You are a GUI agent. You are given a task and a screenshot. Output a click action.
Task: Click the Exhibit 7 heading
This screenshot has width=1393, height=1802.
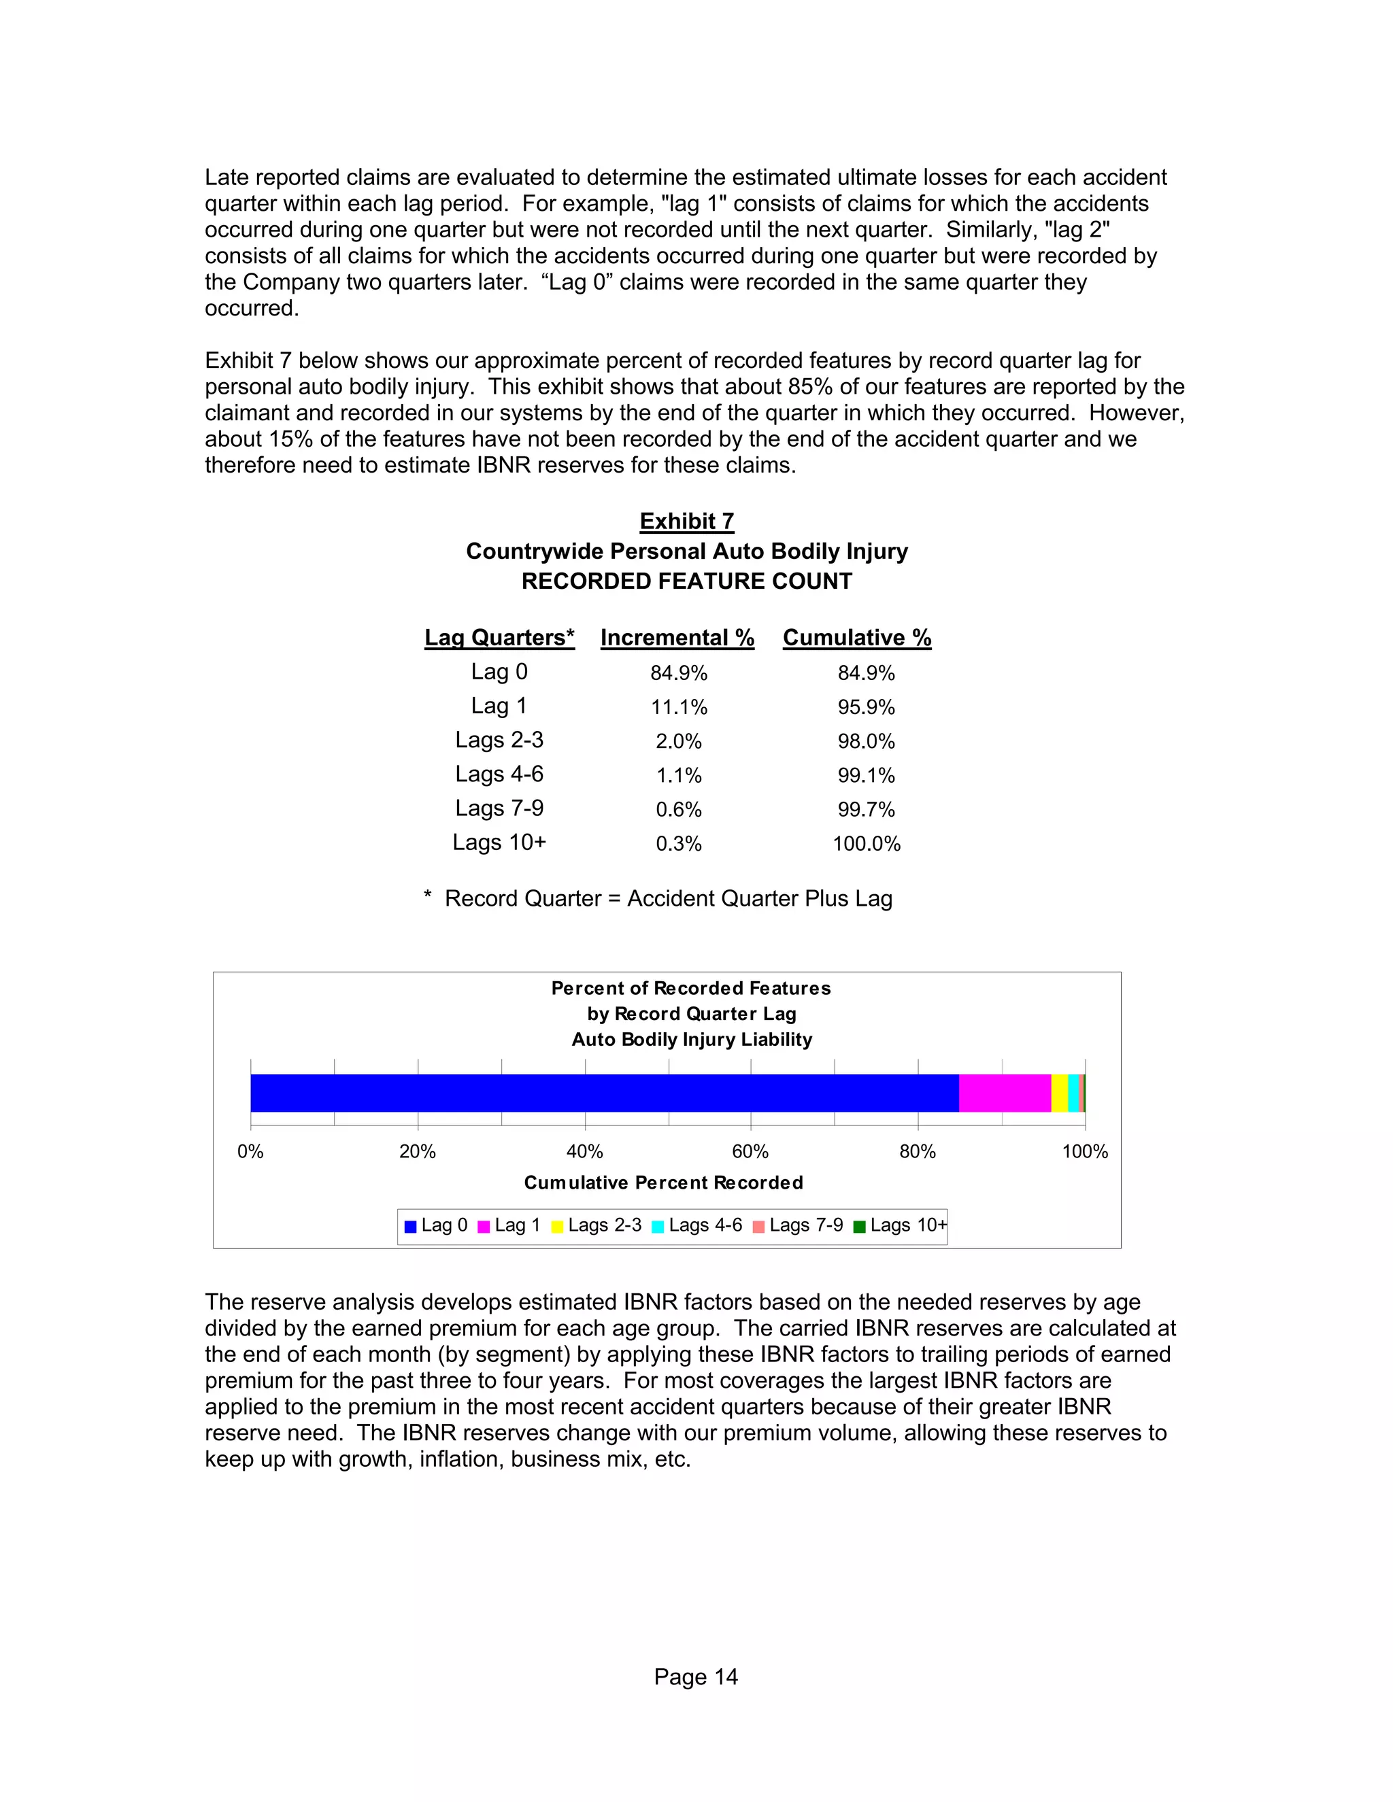coord(686,522)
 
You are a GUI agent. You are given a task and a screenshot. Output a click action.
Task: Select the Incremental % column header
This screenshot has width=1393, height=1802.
coord(677,638)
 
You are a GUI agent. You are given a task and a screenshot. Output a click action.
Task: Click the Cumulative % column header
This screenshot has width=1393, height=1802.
coord(856,638)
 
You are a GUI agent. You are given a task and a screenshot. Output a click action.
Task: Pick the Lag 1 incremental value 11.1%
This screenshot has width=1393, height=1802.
coord(678,707)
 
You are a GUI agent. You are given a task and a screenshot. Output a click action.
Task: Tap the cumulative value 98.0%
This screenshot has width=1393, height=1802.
coord(866,741)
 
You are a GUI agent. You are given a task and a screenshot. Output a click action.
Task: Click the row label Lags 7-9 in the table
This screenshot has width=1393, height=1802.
coord(499,808)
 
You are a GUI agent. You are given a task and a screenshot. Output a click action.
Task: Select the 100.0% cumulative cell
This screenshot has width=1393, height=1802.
coord(866,843)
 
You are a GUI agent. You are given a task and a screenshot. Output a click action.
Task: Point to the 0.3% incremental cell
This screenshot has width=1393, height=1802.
coord(678,843)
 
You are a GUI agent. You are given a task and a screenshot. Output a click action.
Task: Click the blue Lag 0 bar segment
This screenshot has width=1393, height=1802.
coord(604,1093)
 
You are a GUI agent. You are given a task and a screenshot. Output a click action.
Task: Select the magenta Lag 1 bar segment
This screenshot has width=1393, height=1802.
coord(1005,1093)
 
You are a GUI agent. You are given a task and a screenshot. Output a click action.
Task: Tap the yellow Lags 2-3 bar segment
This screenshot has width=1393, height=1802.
coord(1059,1093)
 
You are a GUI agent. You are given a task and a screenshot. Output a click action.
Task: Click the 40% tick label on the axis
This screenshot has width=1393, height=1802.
coord(584,1151)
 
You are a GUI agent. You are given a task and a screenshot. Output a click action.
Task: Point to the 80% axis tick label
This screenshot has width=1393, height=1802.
coord(918,1151)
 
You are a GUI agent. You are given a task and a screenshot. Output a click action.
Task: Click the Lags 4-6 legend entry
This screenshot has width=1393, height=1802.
coord(697,1225)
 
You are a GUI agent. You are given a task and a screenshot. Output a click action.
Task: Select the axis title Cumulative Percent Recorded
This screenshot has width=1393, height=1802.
coord(663,1183)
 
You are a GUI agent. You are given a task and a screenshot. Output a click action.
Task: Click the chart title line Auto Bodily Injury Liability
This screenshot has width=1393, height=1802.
coord(692,1040)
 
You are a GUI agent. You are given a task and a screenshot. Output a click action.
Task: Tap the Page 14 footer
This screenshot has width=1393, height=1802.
coord(696,1677)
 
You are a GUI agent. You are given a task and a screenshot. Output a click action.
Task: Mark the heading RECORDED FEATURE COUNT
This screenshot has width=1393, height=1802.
coord(686,581)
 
